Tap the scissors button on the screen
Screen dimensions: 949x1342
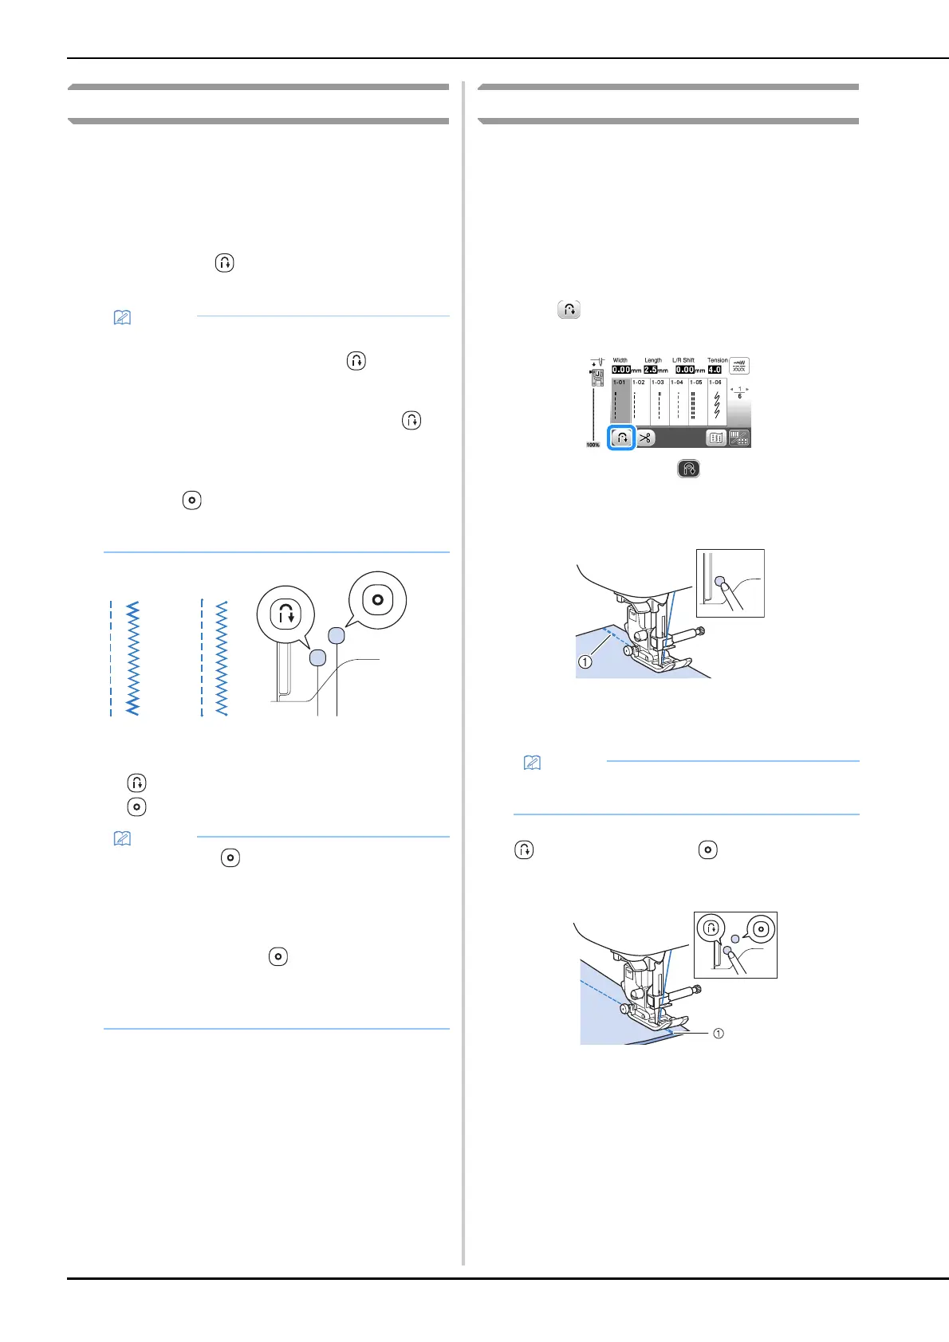(645, 438)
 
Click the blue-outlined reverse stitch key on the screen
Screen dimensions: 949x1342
(622, 438)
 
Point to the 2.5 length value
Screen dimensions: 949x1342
(651, 370)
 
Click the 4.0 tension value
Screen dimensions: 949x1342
(715, 370)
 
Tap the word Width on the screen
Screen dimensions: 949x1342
(620, 360)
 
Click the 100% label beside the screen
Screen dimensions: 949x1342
(593, 445)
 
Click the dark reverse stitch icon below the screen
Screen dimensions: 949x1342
(688, 469)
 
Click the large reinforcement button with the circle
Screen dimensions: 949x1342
(377, 599)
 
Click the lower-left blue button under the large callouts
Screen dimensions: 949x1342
(317, 657)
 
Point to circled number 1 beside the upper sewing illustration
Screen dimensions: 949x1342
(585, 661)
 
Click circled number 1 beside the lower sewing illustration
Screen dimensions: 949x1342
(719, 1034)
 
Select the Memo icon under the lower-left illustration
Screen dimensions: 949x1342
(122, 838)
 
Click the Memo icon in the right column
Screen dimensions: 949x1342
(532, 763)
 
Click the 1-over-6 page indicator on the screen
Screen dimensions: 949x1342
(739, 393)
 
